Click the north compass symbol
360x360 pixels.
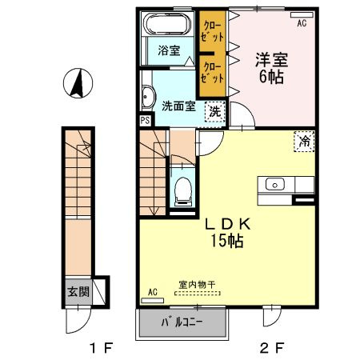(78, 83)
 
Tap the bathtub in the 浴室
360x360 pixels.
(167, 23)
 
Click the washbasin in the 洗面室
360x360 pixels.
(147, 97)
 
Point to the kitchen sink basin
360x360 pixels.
(275, 185)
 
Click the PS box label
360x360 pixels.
(146, 121)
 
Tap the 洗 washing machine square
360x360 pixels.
(214, 112)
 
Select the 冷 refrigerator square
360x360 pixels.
(304, 142)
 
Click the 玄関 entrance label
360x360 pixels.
(78, 292)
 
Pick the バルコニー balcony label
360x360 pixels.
(182, 322)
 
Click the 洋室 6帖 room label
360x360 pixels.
(271, 68)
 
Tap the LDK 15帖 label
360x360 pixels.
(227, 233)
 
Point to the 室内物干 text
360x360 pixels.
(197, 285)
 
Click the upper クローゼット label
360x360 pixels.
(212, 32)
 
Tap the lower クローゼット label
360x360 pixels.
(212, 73)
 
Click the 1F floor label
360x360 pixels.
(102, 348)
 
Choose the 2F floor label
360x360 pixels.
(271, 348)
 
